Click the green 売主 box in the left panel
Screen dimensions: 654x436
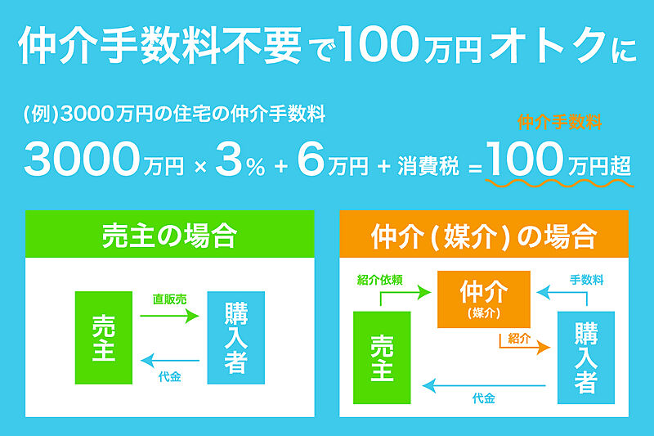(104, 338)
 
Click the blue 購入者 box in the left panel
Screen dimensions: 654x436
(235, 338)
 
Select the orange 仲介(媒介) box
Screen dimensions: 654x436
(484, 299)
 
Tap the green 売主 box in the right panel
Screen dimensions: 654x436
(382, 357)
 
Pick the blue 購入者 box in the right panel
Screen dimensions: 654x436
(586, 357)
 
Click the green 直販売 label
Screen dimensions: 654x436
(169, 299)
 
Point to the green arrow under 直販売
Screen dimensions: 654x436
(170, 316)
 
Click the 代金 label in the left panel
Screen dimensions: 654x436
(170, 377)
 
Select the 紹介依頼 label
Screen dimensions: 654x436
(379, 280)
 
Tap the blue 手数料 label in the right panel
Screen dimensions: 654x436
(586, 280)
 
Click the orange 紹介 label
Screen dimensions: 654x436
(519, 339)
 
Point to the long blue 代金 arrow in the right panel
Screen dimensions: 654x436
(484, 385)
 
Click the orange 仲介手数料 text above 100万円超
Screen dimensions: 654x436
(560, 122)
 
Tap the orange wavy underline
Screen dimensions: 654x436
(560, 183)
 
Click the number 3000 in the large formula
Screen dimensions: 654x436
(82, 159)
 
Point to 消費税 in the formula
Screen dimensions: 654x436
(428, 165)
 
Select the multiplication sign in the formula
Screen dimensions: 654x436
(200, 168)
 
